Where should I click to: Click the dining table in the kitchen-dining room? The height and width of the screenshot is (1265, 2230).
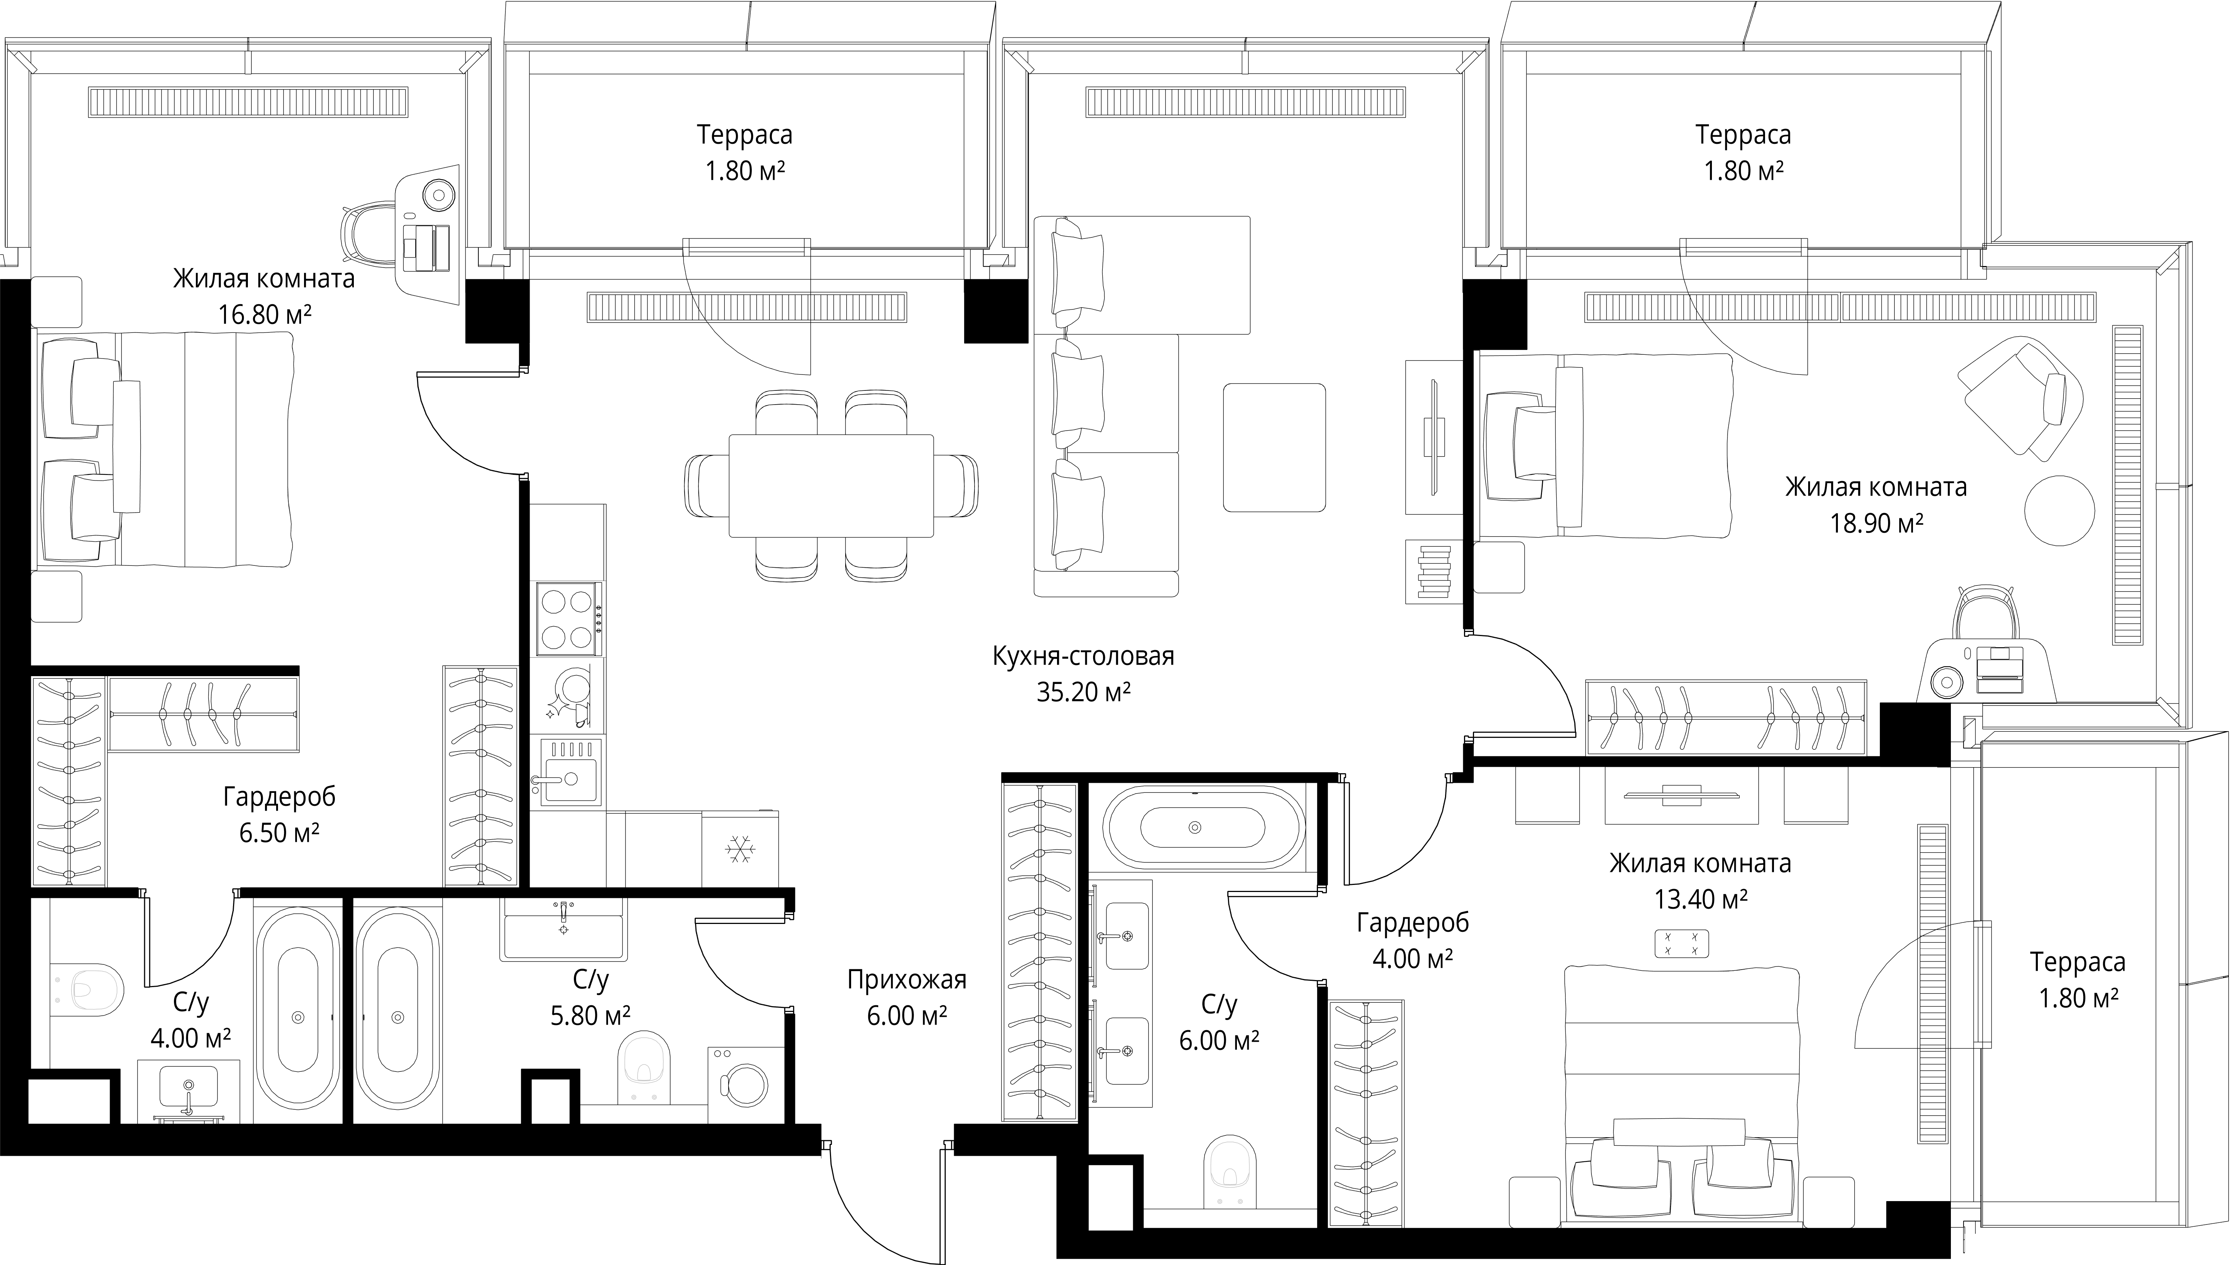(831, 487)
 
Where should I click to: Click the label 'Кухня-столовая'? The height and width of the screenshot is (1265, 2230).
(1083, 656)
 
